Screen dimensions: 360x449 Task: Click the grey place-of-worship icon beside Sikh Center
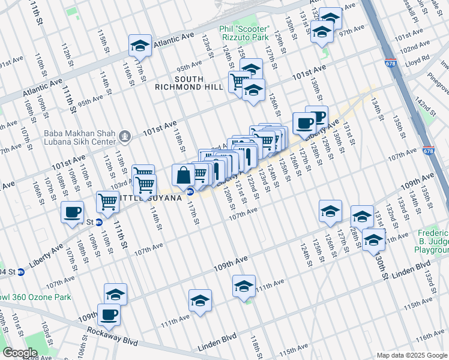click(125, 137)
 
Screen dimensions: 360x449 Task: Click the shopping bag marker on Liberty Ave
click(183, 175)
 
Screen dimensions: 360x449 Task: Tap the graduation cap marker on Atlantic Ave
click(140, 46)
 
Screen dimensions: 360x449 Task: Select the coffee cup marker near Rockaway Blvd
click(109, 314)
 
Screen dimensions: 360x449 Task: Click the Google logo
click(20, 352)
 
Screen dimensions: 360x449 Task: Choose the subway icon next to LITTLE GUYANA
click(190, 192)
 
